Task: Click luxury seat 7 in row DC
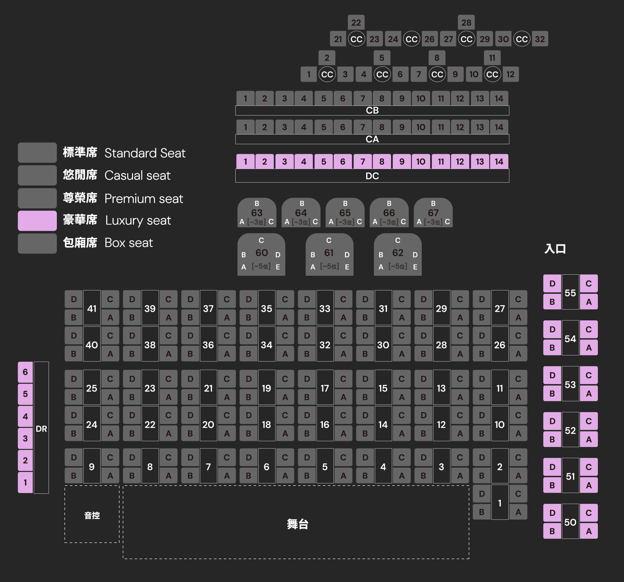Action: point(362,162)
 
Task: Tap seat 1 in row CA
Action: point(245,127)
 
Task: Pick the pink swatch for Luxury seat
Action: point(37,221)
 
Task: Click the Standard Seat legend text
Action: point(145,153)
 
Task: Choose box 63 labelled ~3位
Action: point(257,213)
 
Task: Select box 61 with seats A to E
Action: point(329,254)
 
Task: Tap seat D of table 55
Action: point(552,284)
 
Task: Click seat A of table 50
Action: point(589,531)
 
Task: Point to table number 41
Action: point(92,308)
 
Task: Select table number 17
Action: point(324,388)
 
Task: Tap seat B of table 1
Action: point(481,512)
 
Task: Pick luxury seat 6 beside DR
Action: point(26,372)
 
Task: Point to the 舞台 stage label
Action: point(298,524)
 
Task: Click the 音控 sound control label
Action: point(92,515)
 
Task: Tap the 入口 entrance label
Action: point(555,249)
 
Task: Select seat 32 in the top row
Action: point(540,39)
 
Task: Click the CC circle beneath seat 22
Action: point(356,39)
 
